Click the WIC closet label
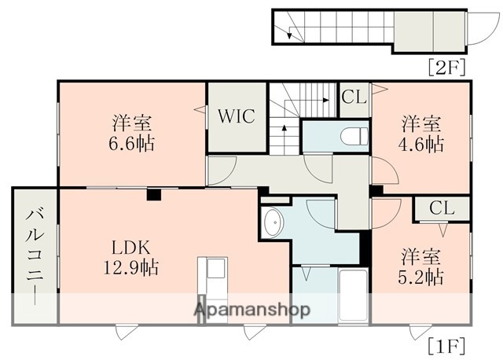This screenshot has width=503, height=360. click(x=236, y=117)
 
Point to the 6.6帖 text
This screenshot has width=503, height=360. click(x=132, y=144)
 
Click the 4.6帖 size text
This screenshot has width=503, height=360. click(x=423, y=144)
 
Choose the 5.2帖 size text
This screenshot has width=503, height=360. click(x=423, y=277)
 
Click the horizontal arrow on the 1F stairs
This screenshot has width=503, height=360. click(x=314, y=100)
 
